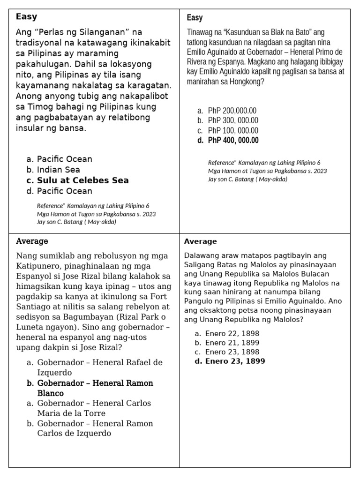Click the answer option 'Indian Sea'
pyautogui.click(x=58, y=170)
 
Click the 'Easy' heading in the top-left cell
pyautogui.click(x=26, y=17)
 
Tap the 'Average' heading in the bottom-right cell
pyautogui.click(x=200, y=241)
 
